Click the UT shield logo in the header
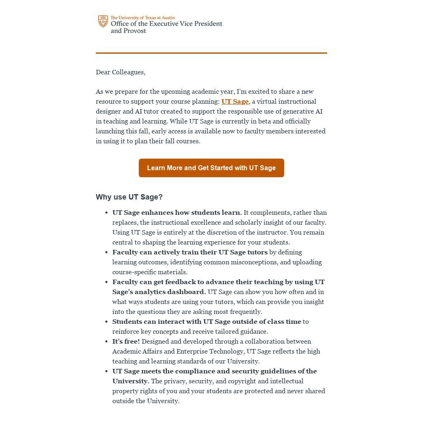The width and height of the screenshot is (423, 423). (103, 21)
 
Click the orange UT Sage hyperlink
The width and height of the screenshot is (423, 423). (235, 102)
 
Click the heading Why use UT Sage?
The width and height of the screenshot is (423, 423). (129, 197)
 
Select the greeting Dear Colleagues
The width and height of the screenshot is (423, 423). (120, 72)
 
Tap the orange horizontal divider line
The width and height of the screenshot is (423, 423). (211, 53)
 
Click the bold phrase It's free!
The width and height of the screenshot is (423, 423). (126, 342)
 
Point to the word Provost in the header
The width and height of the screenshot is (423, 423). (134, 31)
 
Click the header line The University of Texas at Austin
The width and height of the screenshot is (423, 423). (143, 18)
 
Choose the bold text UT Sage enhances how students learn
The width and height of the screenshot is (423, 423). (177, 213)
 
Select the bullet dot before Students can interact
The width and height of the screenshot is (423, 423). (107, 322)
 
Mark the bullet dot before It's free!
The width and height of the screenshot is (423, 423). (107, 342)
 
